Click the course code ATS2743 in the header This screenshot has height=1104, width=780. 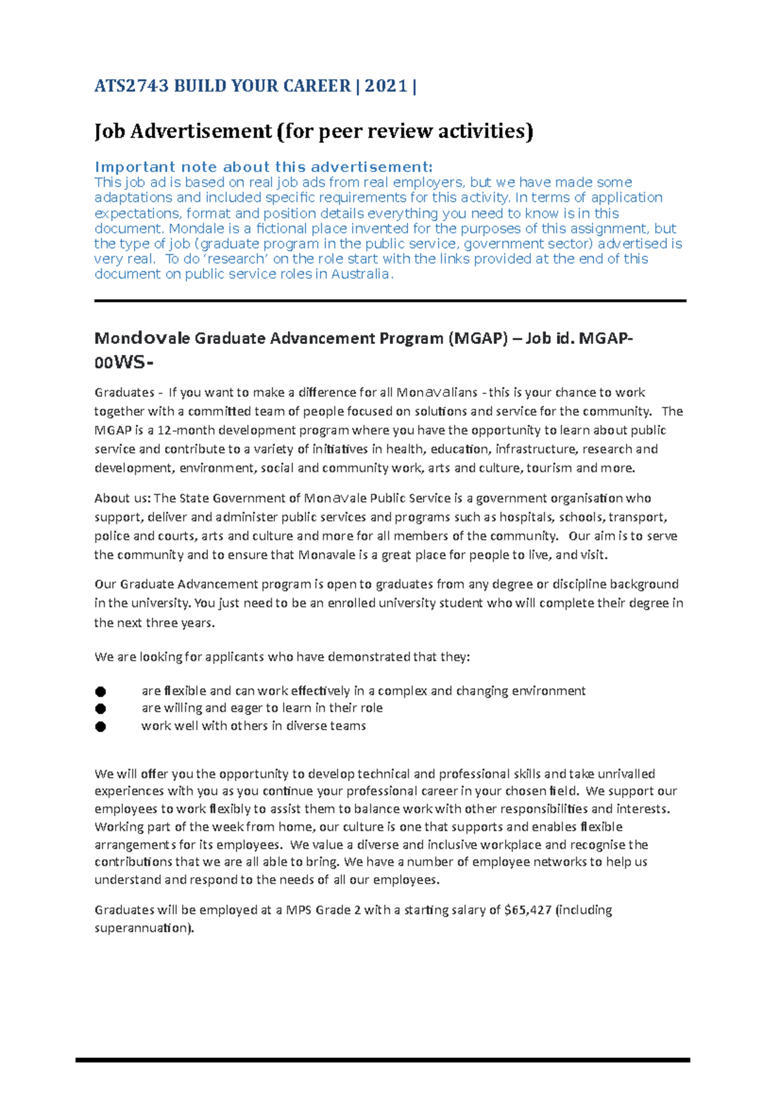click(131, 86)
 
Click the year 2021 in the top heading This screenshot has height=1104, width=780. click(386, 86)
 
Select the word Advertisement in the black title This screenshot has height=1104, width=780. click(202, 131)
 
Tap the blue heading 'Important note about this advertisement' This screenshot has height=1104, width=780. click(263, 167)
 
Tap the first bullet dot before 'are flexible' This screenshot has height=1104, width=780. click(100, 691)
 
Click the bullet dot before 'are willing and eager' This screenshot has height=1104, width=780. click(100, 708)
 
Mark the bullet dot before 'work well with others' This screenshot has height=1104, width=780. click(100, 726)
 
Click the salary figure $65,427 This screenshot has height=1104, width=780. click(528, 910)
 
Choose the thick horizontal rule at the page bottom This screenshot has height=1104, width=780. click(382, 1060)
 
